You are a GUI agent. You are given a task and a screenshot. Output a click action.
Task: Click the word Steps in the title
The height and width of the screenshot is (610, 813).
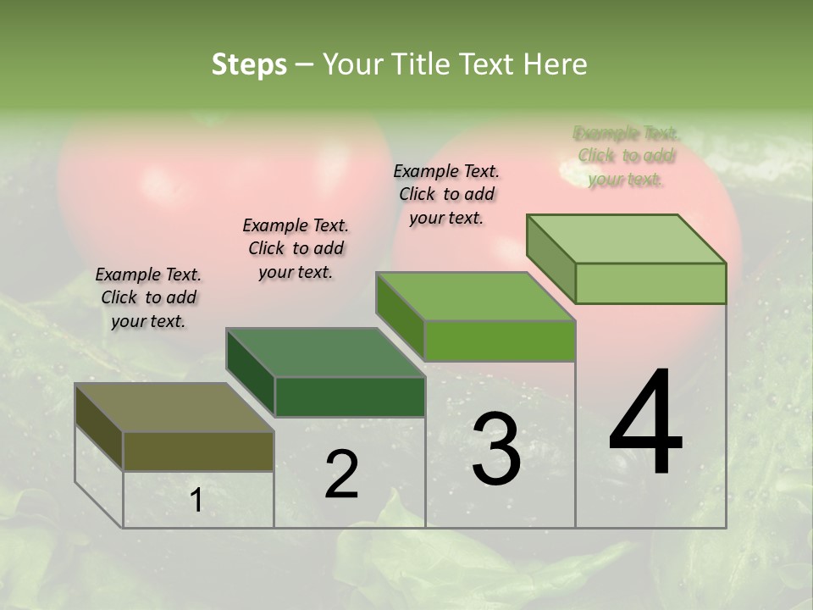pos(249,64)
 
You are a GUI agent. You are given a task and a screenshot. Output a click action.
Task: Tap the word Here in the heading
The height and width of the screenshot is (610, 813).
pos(555,64)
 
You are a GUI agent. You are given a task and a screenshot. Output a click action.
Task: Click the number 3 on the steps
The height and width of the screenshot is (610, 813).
pos(495,449)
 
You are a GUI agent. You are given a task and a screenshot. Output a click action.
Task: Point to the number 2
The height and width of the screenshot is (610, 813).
pos(341,474)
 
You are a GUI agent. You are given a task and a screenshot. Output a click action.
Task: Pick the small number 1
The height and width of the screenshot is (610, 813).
pos(196,501)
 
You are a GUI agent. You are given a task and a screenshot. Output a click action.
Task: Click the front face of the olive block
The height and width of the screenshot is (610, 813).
pos(198,452)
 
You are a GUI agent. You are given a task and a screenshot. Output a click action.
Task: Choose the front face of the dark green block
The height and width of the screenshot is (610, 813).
pos(350,396)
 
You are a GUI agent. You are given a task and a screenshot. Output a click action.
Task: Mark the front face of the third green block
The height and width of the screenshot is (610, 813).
pos(500,341)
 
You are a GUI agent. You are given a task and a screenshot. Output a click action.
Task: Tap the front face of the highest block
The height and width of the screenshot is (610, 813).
pos(650,283)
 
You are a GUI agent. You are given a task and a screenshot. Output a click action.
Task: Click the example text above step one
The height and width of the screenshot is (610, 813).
pos(148,297)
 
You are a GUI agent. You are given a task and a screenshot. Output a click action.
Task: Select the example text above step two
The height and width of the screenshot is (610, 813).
pos(296,248)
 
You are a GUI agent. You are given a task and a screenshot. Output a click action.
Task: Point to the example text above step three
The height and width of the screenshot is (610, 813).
pos(446,194)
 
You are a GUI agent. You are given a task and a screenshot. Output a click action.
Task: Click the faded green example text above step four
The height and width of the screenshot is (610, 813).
pos(626,156)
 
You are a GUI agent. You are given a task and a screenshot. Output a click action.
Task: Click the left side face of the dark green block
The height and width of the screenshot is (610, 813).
pos(251,372)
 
